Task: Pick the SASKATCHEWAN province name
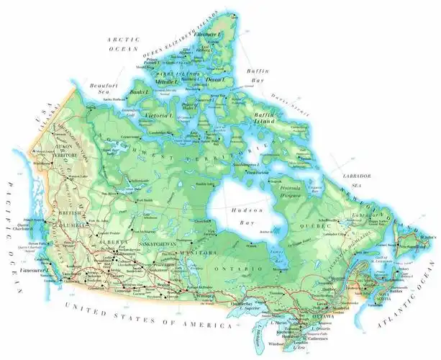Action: click(x=153, y=243)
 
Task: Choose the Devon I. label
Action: click(x=217, y=78)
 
